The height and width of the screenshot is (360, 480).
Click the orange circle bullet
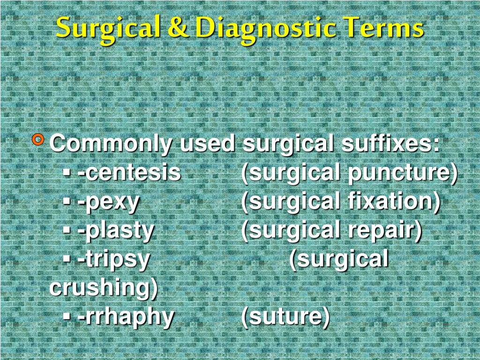click(x=39, y=139)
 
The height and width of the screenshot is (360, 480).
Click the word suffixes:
click(x=390, y=143)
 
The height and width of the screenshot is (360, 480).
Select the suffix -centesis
click(x=129, y=172)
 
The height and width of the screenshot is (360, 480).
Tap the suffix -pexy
click(x=109, y=202)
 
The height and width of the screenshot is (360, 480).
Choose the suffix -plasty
click(x=116, y=230)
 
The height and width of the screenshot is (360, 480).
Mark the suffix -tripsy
click(x=114, y=259)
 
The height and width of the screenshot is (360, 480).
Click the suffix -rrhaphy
click(x=126, y=317)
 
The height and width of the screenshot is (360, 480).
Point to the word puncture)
click(x=402, y=172)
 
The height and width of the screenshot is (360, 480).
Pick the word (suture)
click(x=285, y=317)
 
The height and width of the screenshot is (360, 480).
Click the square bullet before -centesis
click(x=67, y=174)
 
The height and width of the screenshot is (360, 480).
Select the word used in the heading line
click(x=207, y=143)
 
